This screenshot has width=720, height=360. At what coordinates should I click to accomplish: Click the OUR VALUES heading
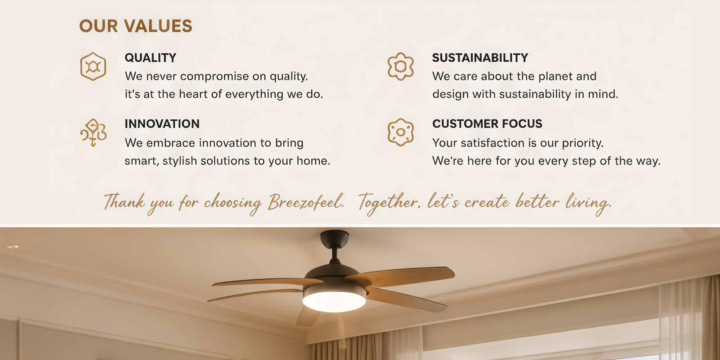(136, 26)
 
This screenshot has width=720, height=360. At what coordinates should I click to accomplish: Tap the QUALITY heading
(150, 58)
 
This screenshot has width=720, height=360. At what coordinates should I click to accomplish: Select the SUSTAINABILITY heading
(480, 58)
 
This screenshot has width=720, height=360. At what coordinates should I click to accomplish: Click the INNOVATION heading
(162, 124)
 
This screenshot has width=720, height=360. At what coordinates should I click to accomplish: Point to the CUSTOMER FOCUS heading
(487, 124)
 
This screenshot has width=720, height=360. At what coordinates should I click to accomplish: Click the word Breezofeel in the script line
(306, 202)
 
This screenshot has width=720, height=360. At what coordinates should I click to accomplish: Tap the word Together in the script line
(389, 203)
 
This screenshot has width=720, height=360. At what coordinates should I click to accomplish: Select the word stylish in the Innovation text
(180, 161)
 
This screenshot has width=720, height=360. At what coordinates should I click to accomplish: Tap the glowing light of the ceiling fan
(334, 302)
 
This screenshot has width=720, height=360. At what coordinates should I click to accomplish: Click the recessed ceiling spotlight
(12, 246)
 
